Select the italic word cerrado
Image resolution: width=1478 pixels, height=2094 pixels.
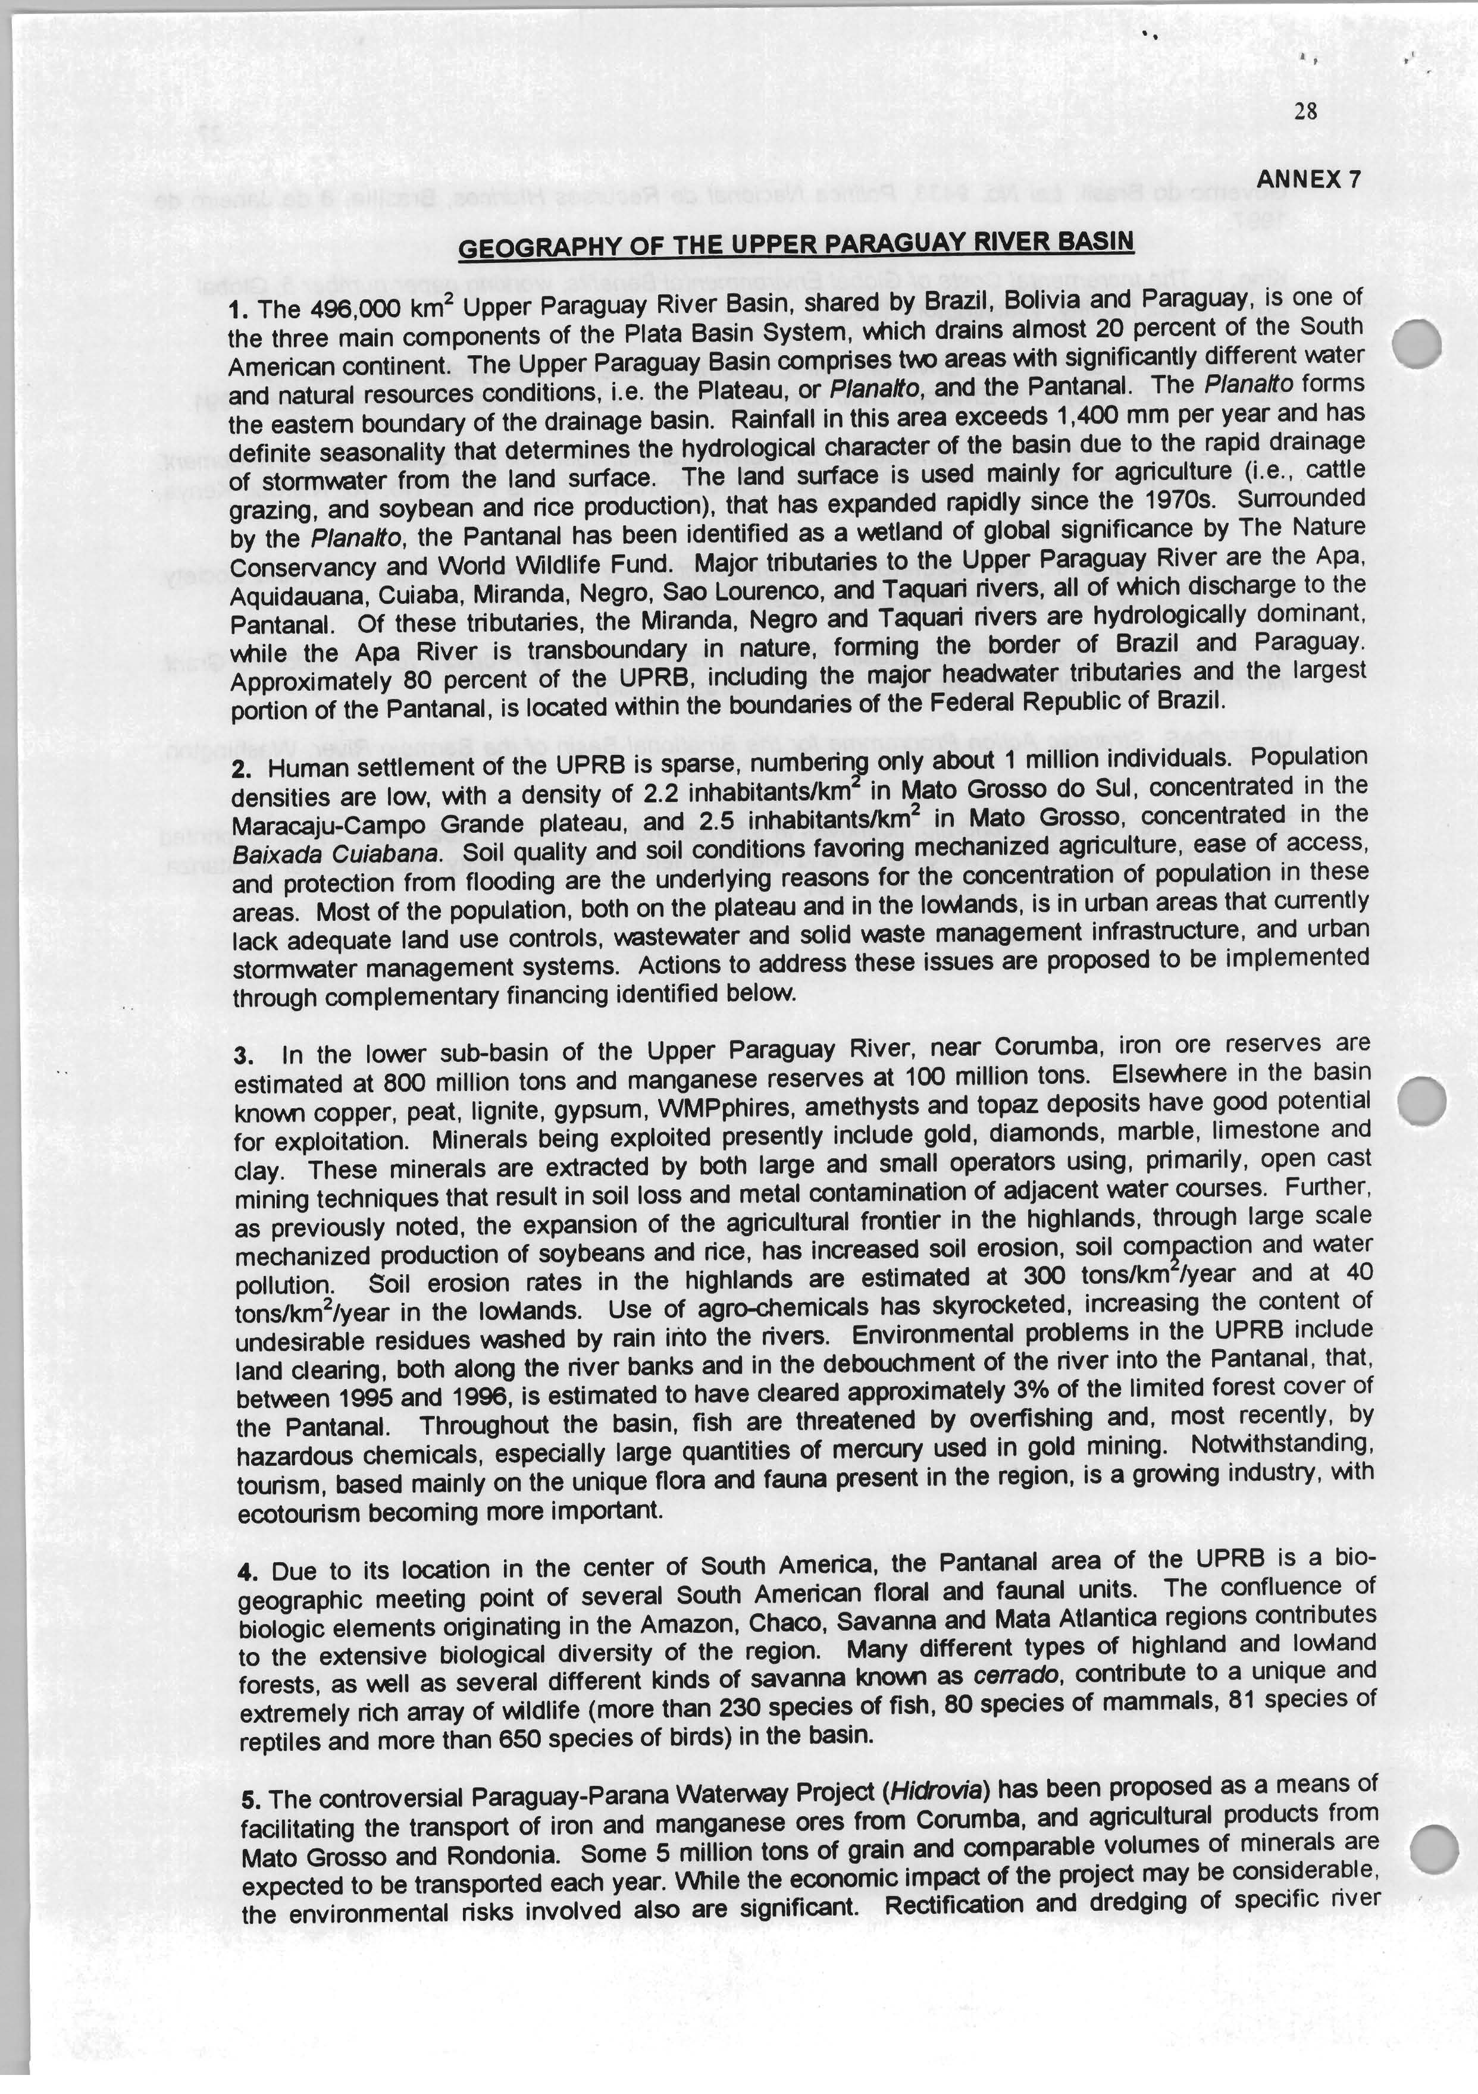[x=1017, y=1675]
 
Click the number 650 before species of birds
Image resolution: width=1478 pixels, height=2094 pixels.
[x=520, y=1739]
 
